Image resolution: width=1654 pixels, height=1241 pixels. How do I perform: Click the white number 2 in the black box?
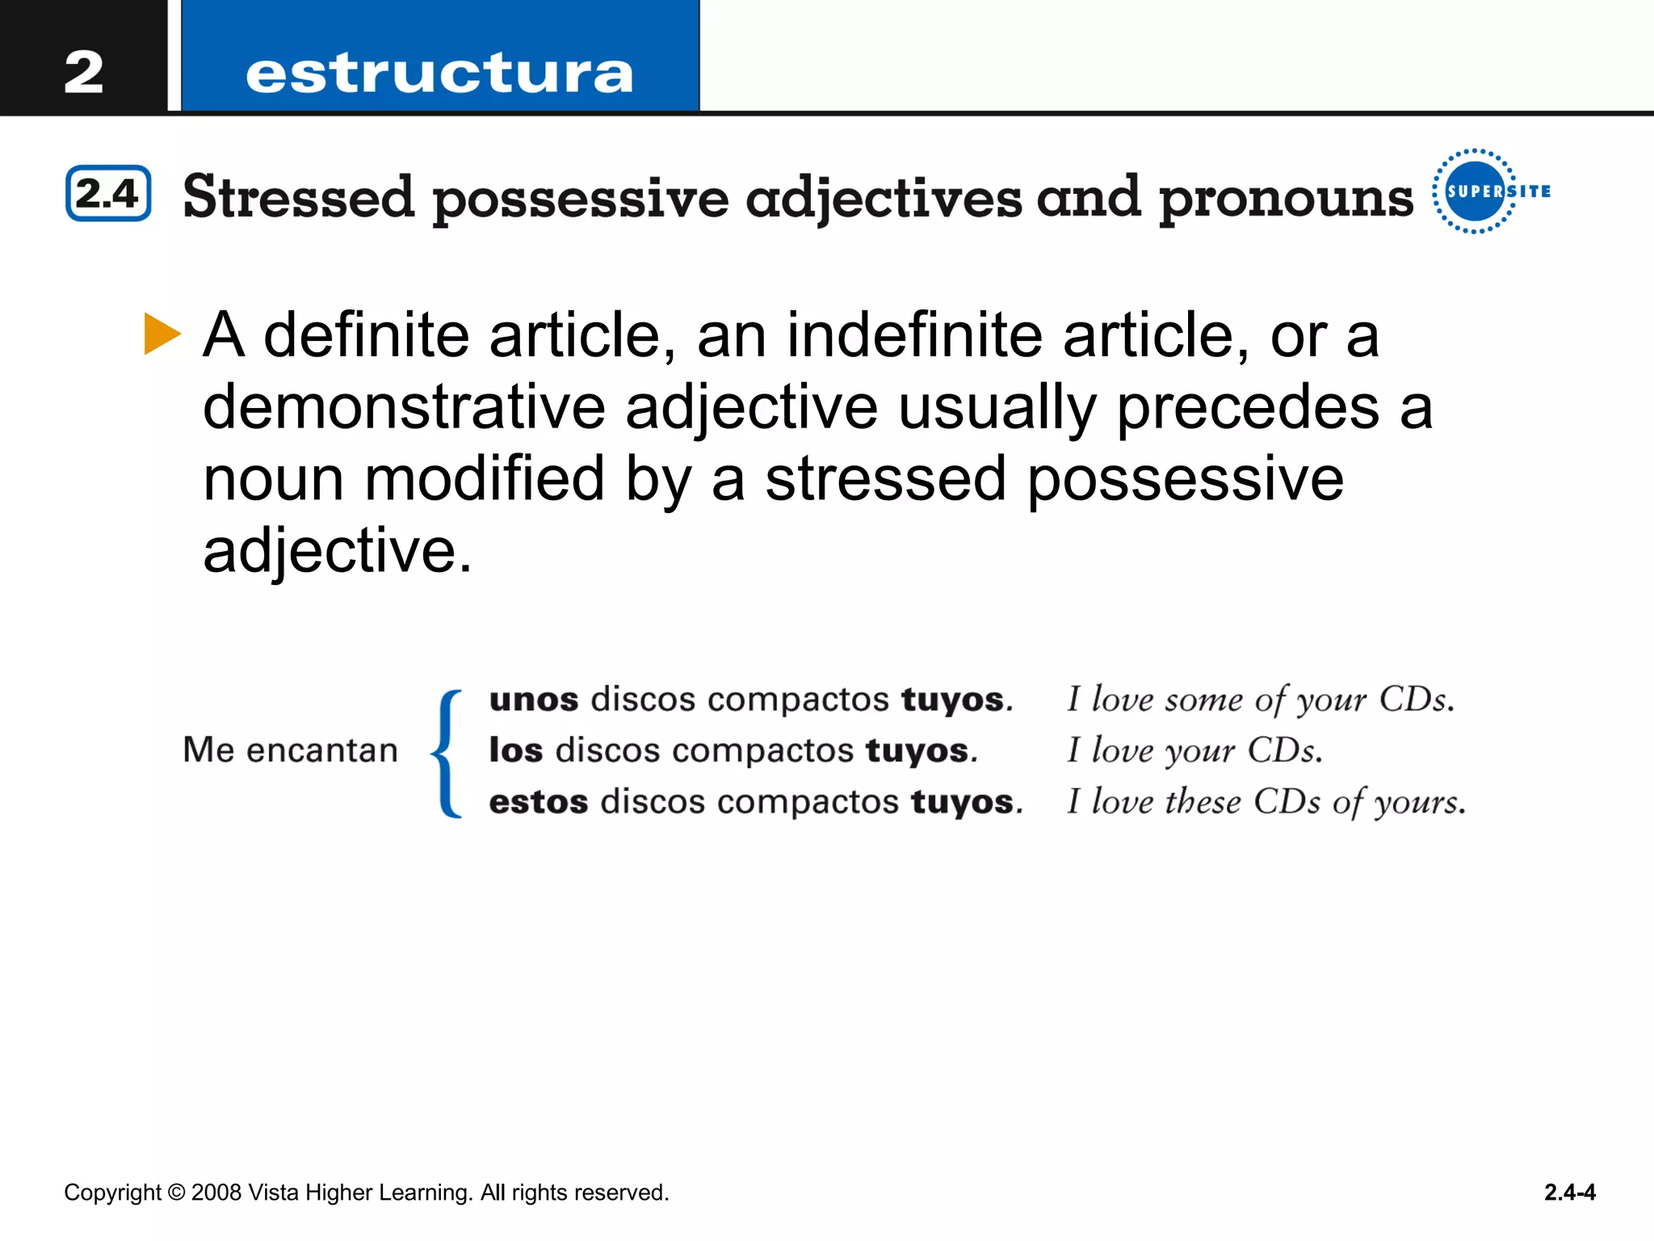(84, 72)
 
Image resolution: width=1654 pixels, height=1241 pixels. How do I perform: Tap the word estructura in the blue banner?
(439, 74)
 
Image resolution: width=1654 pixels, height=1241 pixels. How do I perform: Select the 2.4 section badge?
(108, 193)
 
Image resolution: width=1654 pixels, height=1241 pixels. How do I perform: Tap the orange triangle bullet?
(162, 334)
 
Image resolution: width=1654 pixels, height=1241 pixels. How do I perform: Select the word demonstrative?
(404, 406)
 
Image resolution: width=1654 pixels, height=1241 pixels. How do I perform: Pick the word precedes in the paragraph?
(1248, 406)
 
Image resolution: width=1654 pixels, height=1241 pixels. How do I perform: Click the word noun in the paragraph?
(273, 478)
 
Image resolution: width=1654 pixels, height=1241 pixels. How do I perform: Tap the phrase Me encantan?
(290, 750)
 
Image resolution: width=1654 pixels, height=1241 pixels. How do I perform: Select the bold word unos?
(534, 700)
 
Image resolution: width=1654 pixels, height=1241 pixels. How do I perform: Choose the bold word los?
(516, 751)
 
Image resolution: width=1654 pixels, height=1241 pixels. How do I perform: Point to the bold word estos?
(539, 802)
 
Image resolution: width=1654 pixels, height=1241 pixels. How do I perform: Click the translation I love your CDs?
(1194, 751)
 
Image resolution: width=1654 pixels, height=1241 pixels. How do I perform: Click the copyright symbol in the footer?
(176, 1193)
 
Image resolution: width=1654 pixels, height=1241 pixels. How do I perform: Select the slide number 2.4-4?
(1569, 1193)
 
